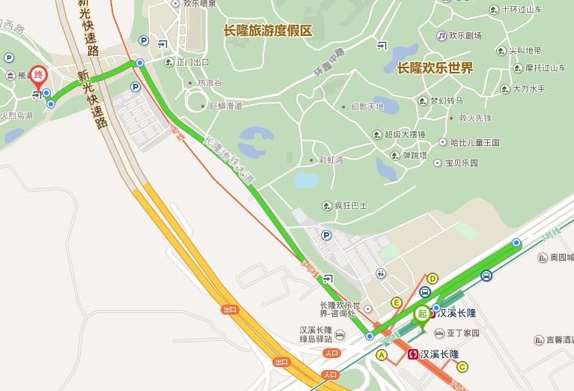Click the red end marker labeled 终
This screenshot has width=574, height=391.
pos(38,76)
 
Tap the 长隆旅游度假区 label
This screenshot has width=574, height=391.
pos(267,31)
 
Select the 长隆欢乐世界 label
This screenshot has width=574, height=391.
pos(435,68)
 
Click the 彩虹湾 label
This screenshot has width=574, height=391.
pos(330,160)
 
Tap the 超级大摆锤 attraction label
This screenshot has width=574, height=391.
pos(405,135)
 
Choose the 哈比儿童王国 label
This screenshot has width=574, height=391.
pos(474,142)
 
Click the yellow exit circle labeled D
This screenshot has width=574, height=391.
pos(432,279)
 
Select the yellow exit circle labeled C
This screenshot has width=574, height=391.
pos(462,366)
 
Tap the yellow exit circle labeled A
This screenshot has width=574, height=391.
pos(382,355)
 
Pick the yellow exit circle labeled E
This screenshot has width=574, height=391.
pos(397,303)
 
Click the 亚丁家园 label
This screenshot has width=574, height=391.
pos(462,333)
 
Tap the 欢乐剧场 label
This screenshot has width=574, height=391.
pos(465,35)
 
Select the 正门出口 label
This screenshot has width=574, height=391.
pos(192,62)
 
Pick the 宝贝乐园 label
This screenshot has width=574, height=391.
pos(461,163)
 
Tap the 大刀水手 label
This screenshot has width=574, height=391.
pos(528,88)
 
